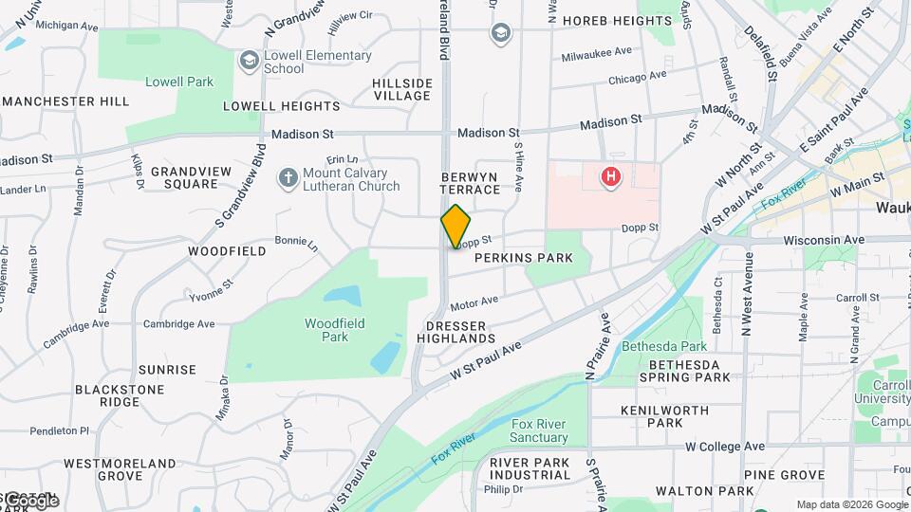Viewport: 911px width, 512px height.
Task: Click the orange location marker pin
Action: pyautogui.click(x=455, y=226)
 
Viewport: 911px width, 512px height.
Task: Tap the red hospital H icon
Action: pyautogui.click(x=611, y=175)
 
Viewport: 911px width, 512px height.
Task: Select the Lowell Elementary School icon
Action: pyautogui.click(x=250, y=62)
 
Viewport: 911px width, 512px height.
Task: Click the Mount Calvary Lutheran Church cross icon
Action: pyautogui.click(x=288, y=177)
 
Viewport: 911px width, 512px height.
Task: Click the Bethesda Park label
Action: pyautogui.click(x=664, y=347)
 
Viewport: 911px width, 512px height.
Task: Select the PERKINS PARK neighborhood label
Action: pyautogui.click(x=524, y=258)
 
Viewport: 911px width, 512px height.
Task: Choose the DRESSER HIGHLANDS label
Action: pyautogui.click(x=455, y=332)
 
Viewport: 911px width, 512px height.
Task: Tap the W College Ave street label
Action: pyautogui.click(x=725, y=446)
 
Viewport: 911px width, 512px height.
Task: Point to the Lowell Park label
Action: pyautogui.click(x=179, y=82)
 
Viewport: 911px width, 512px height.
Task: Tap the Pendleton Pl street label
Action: pyautogui.click(x=59, y=430)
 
